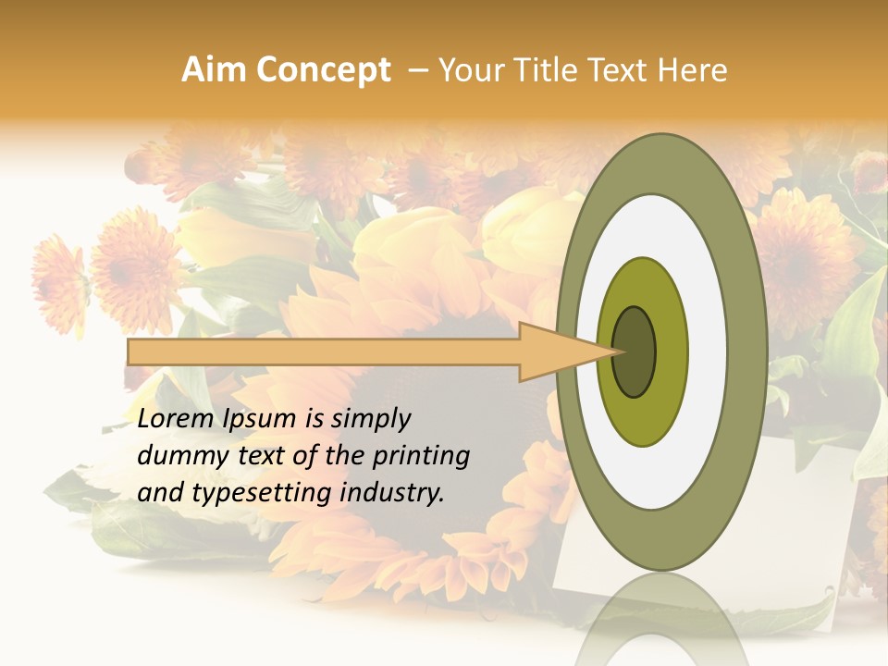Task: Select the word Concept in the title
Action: point(324,70)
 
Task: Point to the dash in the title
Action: point(418,70)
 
